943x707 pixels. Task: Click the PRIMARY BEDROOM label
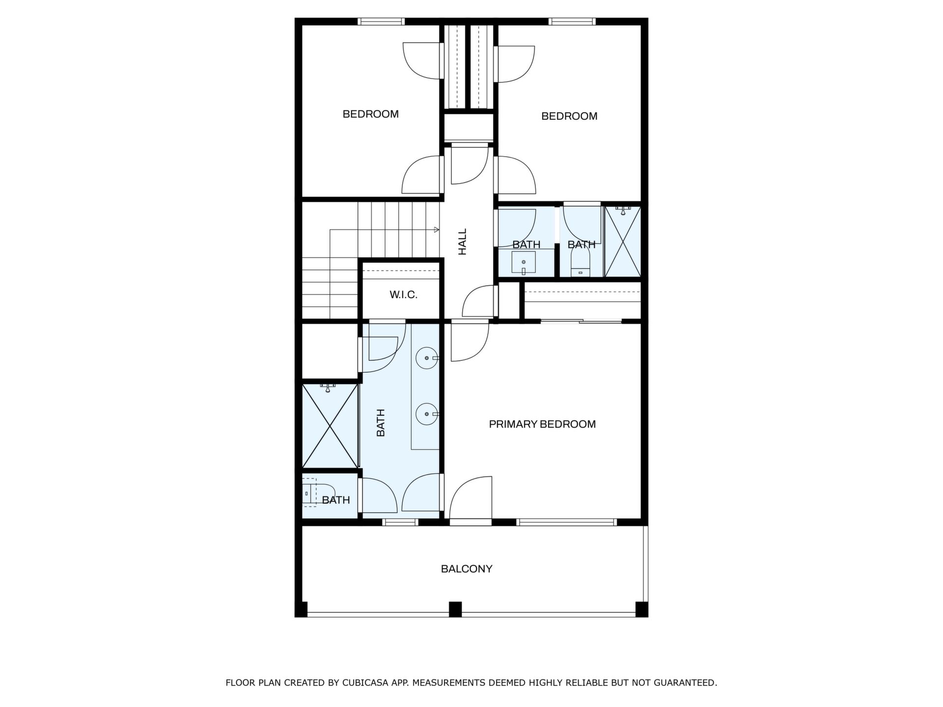[542, 424]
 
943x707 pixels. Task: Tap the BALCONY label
[467, 569]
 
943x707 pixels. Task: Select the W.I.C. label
[403, 295]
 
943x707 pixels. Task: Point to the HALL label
[462, 242]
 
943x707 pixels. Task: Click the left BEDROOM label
[371, 114]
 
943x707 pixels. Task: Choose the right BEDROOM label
[569, 116]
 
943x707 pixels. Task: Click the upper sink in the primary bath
[426, 358]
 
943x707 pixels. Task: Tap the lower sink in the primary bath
[426, 414]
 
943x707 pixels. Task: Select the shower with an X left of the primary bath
[330, 426]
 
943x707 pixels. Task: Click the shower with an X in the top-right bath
[623, 242]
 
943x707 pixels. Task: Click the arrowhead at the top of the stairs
[437, 229]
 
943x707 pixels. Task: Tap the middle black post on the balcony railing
[455, 609]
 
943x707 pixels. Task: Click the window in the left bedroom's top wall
[381, 22]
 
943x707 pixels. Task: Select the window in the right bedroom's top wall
[572, 22]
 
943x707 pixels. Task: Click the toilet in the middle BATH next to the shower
[581, 263]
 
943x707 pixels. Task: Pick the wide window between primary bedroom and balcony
[566, 522]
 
